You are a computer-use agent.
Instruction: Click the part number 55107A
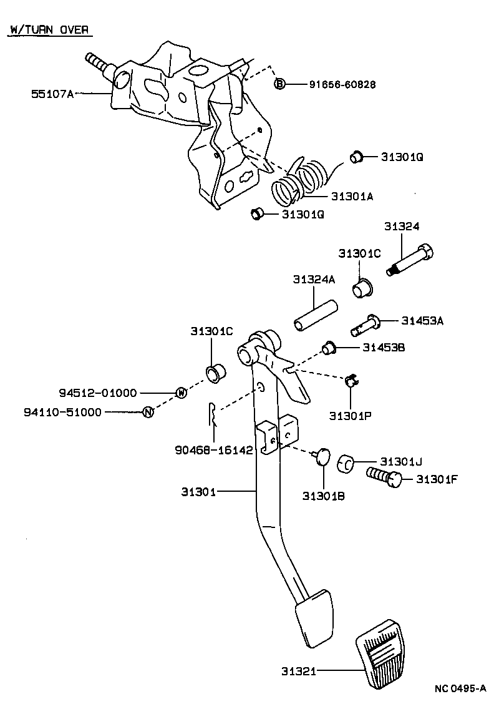pyautogui.click(x=52, y=94)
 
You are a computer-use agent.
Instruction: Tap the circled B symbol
pyautogui.click(x=279, y=84)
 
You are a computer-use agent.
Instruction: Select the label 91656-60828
pyautogui.click(x=342, y=84)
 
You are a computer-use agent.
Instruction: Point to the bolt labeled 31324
pyautogui.click(x=410, y=260)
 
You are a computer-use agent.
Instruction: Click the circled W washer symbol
pyautogui.click(x=182, y=393)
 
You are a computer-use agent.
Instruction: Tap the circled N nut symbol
pyautogui.click(x=148, y=412)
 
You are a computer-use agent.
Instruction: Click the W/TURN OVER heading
pyautogui.click(x=49, y=30)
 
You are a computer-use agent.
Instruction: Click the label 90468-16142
pyautogui.click(x=214, y=450)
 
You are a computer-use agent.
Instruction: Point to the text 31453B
pyautogui.click(x=384, y=348)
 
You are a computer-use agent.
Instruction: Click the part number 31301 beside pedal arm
pyautogui.click(x=199, y=492)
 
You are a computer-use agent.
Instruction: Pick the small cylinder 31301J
pyautogui.click(x=346, y=463)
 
